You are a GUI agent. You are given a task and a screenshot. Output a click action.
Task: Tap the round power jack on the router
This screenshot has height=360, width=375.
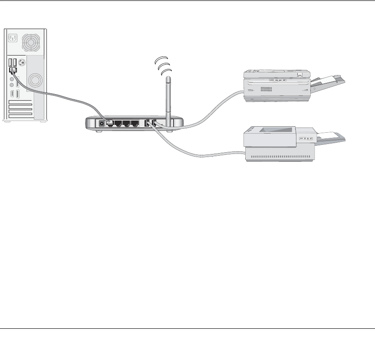click(102, 123)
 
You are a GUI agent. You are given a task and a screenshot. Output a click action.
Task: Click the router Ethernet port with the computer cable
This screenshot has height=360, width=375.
click(110, 123)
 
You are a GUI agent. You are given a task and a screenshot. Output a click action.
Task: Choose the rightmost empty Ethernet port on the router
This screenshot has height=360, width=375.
click(135, 123)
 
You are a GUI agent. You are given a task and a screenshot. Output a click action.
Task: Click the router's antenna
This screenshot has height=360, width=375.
click(168, 98)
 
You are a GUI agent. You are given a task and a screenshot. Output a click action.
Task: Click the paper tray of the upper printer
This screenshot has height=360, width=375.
click(330, 82)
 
